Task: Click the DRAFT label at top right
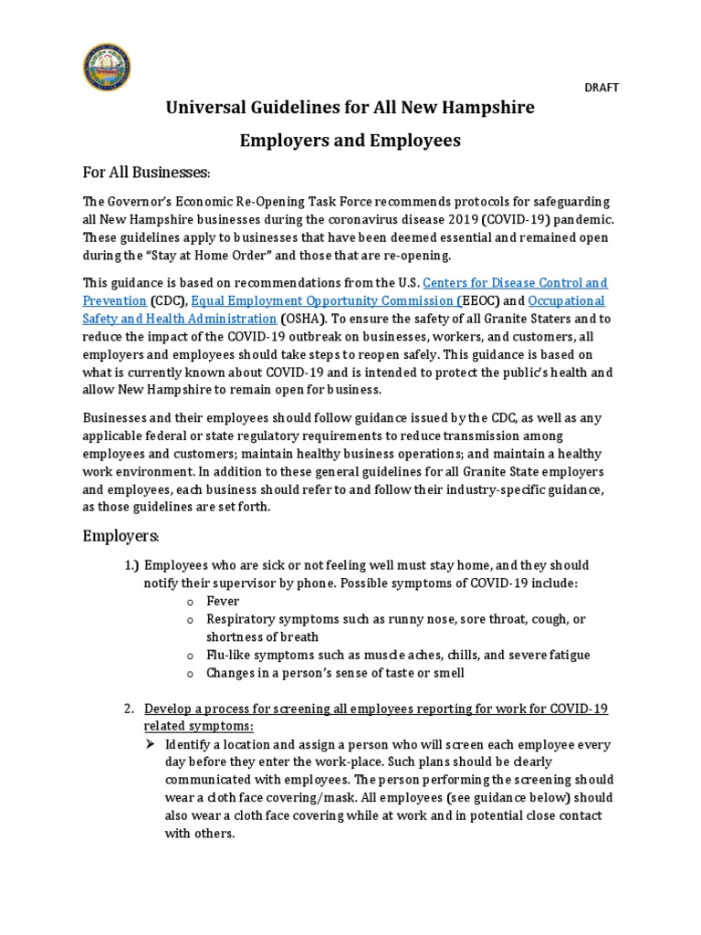(x=601, y=88)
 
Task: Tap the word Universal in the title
(x=204, y=108)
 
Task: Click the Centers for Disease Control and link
(x=516, y=283)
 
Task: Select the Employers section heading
(x=121, y=534)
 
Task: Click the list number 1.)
(x=131, y=565)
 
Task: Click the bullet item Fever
(x=223, y=601)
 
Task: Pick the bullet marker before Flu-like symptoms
(x=189, y=656)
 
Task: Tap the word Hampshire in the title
(x=482, y=108)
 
